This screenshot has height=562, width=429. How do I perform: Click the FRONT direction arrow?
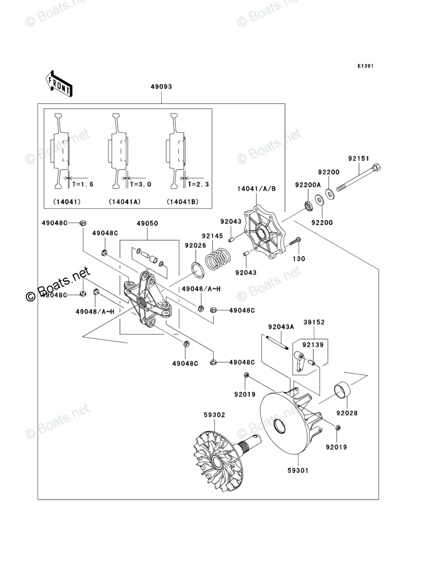click(59, 83)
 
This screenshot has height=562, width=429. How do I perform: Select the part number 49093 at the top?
click(161, 87)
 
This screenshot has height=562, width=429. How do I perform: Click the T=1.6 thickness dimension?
click(83, 184)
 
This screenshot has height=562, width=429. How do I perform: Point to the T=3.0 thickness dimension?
click(141, 184)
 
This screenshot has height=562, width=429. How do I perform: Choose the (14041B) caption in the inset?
click(183, 202)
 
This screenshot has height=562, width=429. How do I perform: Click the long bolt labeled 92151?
click(358, 179)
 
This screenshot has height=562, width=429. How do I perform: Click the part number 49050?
click(147, 223)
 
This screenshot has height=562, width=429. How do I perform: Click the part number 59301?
click(298, 470)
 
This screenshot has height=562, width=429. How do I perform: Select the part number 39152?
click(314, 322)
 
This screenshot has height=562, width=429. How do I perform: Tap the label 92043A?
click(281, 327)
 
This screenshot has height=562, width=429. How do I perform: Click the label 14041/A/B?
click(257, 189)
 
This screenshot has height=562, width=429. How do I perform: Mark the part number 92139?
click(312, 345)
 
